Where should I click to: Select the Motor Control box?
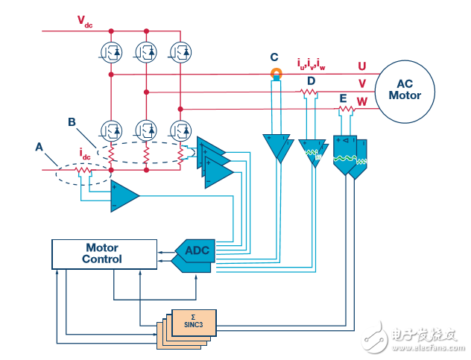(103, 253)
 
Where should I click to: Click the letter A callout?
(39, 147)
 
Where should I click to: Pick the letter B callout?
(72, 121)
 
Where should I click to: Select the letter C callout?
(275, 57)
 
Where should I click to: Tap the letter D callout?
(311, 80)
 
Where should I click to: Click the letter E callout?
(343, 98)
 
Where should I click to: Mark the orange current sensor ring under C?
(276, 74)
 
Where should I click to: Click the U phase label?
(362, 66)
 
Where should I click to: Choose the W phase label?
(362, 101)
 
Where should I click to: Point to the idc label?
(85, 154)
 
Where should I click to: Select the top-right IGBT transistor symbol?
(180, 51)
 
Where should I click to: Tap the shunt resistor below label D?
(309, 92)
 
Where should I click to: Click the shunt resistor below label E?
(345, 110)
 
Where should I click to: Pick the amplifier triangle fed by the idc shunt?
(124, 197)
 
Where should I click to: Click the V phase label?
(362, 83)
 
